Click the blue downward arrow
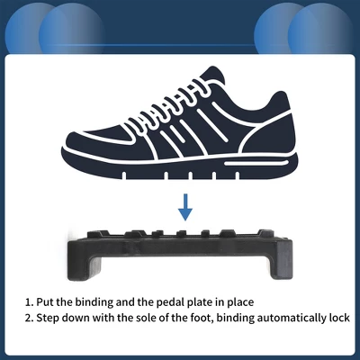coord(185,207)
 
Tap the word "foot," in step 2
coord(202,318)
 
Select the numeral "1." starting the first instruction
coord(29,301)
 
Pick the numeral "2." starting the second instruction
coord(29,318)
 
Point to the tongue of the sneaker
coord(211,75)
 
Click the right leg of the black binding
coord(281,259)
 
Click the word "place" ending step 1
coord(240,301)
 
